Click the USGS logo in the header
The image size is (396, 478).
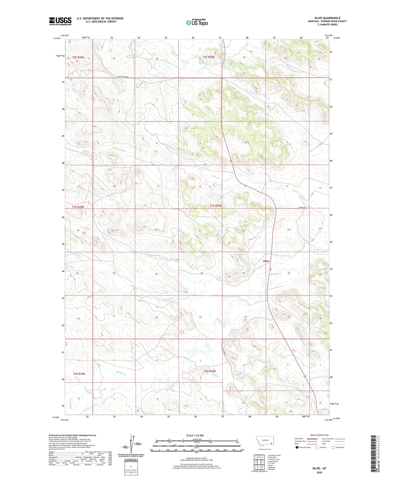coord(60,21)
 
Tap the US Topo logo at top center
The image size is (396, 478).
coord(197,22)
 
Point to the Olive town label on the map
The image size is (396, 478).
coord(266,261)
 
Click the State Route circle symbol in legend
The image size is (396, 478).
coord(333,447)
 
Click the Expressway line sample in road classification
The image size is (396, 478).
coord(312,439)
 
